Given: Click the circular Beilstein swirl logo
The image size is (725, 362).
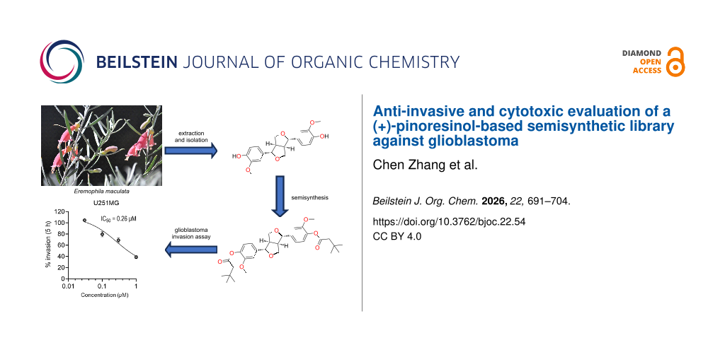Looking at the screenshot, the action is (62, 62).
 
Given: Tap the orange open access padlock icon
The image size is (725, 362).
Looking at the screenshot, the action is (675, 62).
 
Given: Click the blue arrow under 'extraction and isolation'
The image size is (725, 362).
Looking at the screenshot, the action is (191, 151).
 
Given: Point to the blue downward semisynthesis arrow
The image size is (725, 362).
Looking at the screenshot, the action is (279, 196).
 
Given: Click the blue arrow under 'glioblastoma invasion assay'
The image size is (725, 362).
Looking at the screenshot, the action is (191, 250).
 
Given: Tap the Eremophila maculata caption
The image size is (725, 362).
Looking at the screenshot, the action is (101, 191).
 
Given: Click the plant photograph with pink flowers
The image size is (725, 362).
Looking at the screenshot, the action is (101, 146).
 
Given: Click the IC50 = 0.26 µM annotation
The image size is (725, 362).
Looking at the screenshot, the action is (118, 218).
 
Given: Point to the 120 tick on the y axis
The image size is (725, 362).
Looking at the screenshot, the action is (59, 211).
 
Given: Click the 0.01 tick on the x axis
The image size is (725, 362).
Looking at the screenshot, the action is (68, 286).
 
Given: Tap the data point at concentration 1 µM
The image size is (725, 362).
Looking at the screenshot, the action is (136, 257).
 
